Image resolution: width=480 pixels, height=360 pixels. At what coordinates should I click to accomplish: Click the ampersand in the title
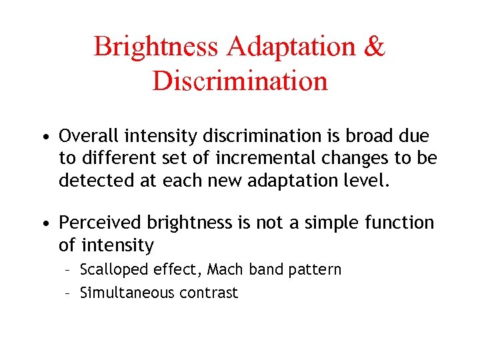[374, 47]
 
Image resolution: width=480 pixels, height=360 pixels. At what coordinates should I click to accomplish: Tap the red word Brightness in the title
[155, 47]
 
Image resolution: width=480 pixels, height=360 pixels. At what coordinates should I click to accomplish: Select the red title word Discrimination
[240, 81]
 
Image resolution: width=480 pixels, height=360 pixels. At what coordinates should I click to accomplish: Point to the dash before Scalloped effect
[69, 271]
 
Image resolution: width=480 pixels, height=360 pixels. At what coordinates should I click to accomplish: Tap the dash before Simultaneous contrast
[69, 293]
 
